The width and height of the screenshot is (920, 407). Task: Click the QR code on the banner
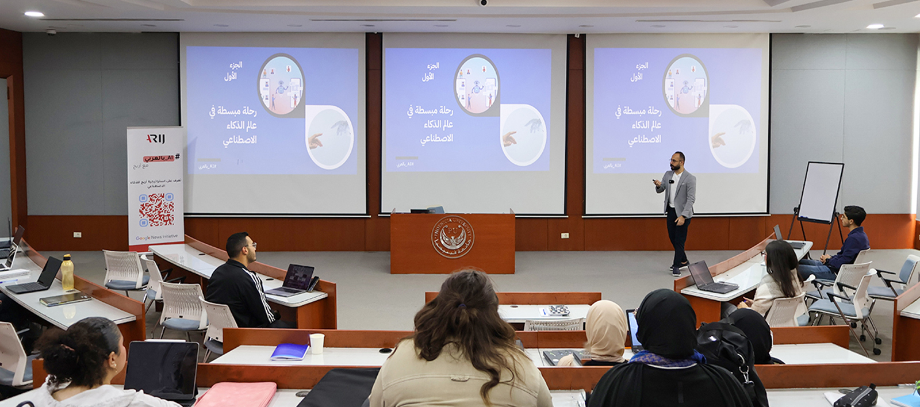point(156,210)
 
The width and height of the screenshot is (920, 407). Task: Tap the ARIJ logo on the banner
point(155,139)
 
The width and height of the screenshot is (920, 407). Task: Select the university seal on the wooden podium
point(453,237)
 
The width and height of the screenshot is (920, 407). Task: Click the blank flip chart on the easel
point(821,192)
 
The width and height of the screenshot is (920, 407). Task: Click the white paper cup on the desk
point(316,343)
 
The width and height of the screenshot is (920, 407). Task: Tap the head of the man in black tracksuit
point(239,245)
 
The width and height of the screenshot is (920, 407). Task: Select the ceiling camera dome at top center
point(484,3)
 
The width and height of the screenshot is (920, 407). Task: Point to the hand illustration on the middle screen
point(510,138)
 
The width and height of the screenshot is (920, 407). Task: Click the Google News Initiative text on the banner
point(156,237)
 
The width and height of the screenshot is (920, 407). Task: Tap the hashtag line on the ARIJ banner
point(160,157)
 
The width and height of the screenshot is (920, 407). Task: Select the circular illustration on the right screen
point(685,85)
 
